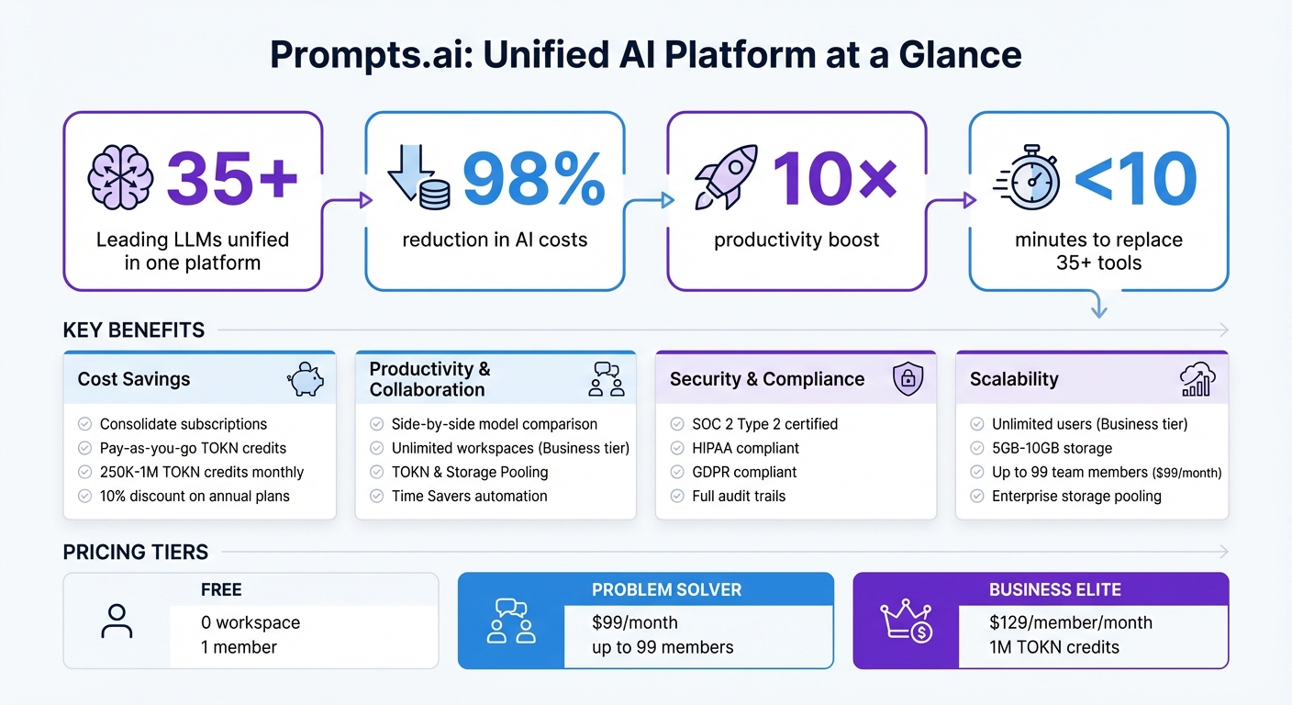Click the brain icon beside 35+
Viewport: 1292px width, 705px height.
tap(120, 177)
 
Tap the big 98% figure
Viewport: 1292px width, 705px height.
tap(532, 178)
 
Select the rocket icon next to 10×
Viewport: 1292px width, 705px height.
tap(727, 176)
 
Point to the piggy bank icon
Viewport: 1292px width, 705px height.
tap(306, 379)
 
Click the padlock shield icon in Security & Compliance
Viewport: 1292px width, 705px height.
tap(907, 379)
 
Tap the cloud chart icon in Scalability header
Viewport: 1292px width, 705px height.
tap(1197, 379)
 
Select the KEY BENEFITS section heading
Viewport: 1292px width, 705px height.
tap(134, 330)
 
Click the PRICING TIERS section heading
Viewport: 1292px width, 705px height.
tap(136, 552)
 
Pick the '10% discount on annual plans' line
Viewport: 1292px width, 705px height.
tap(195, 496)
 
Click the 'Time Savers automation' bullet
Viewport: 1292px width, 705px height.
tap(469, 496)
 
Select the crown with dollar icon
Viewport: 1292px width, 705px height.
tap(906, 621)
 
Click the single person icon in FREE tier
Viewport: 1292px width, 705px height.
tap(117, 621)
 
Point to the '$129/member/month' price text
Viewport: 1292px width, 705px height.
tap(1070, 622)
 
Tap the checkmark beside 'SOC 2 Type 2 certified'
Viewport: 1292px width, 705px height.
tap(676, 424)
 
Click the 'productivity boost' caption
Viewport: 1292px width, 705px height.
tap(796, 241)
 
